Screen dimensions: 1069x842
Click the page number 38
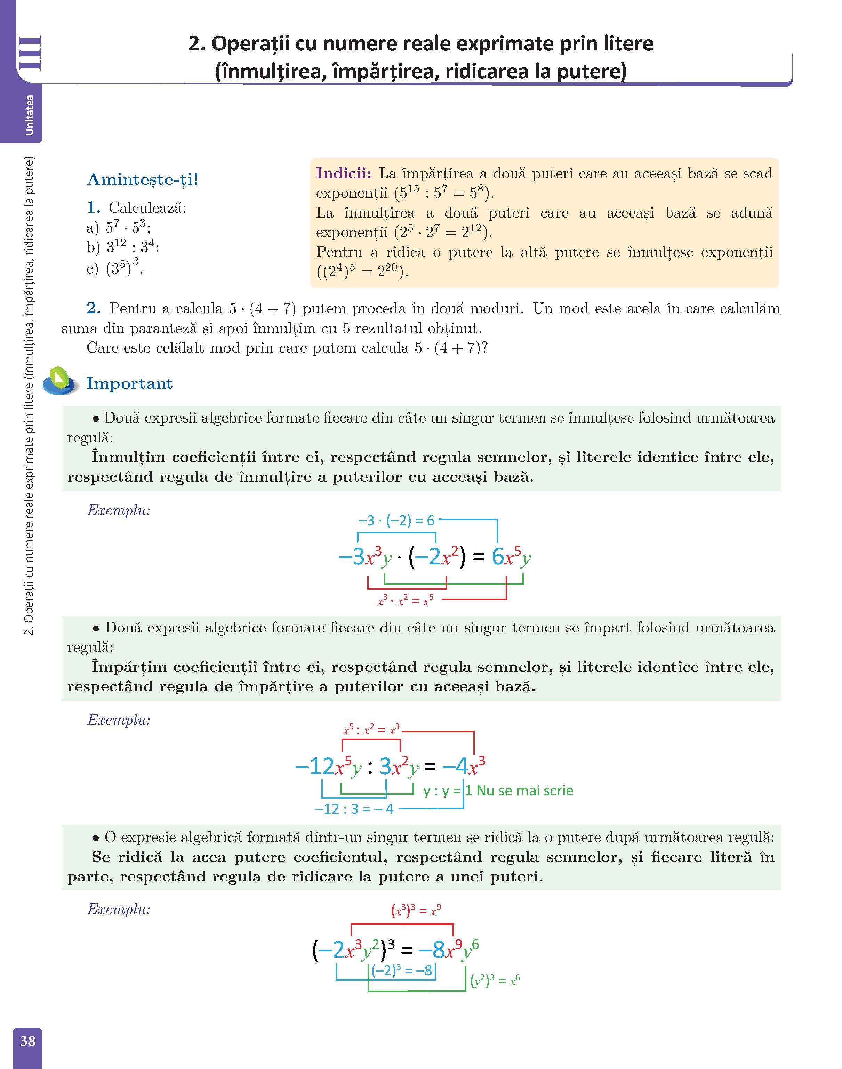[27, 1041]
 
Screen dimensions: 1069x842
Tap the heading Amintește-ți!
[143, 180]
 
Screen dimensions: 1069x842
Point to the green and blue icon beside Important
[60, 381]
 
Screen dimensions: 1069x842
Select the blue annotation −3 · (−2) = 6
[396, 520]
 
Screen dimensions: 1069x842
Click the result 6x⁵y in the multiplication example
[511, 557]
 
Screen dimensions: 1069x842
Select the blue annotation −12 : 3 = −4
[354, 810]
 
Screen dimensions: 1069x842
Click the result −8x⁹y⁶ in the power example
[448, 950]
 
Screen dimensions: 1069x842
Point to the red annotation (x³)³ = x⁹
[416, 911]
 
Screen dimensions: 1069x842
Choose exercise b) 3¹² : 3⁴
[122, 247]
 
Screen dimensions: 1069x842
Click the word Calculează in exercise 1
[147, 208]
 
